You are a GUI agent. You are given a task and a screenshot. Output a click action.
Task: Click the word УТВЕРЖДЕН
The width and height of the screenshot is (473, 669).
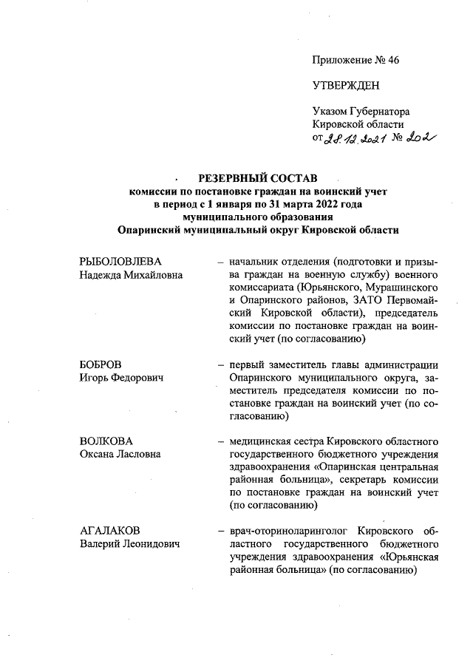point(346,86)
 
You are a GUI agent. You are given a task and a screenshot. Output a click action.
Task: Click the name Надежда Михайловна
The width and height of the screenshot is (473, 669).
point(131,276)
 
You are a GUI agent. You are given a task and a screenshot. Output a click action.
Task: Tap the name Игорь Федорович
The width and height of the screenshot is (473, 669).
point(121,378)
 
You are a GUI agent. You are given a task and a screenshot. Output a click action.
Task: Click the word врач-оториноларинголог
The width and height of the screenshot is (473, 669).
point(285,532)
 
